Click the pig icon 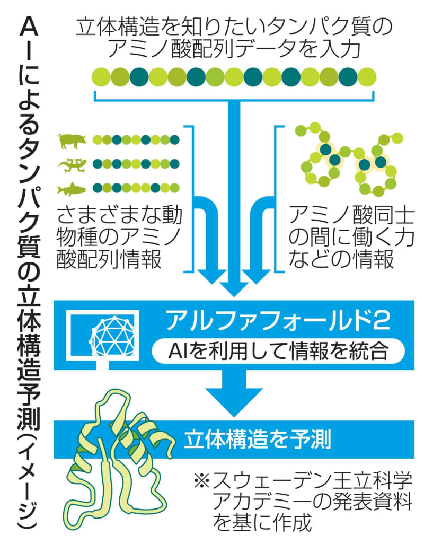coord(72,141)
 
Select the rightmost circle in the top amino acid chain coord(368,77)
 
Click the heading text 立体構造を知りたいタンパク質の coord(236,27)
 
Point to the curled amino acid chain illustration coord(347,159)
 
